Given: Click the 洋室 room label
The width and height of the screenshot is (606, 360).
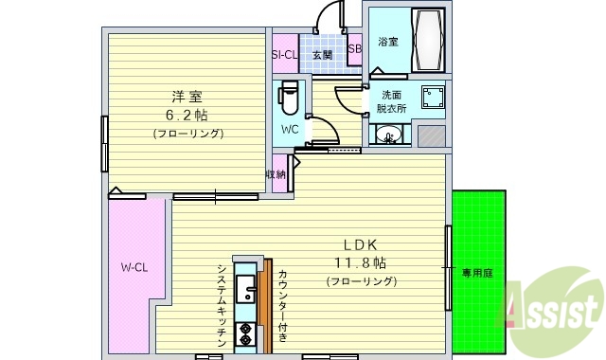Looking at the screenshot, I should (x=187, y=97).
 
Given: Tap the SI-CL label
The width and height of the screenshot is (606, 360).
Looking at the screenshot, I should (x=285, y=55).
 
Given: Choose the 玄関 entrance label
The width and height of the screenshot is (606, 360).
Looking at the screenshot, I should (x=323, y=55).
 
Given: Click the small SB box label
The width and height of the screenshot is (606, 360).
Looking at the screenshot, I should (x=354, y=49).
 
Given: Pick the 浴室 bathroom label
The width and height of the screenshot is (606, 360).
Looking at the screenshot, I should (x=387, y=43).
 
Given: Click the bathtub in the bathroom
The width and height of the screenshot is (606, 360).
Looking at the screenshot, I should (x=429, y=41).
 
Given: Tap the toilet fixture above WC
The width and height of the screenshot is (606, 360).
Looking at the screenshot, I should (x=290, y=98).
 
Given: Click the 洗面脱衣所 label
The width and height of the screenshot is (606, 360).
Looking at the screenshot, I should (x=394, y=102).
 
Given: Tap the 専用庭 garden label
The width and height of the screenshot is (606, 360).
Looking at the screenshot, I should (x=477, y=273).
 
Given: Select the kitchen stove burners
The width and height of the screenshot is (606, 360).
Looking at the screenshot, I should (x=244, y=333).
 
